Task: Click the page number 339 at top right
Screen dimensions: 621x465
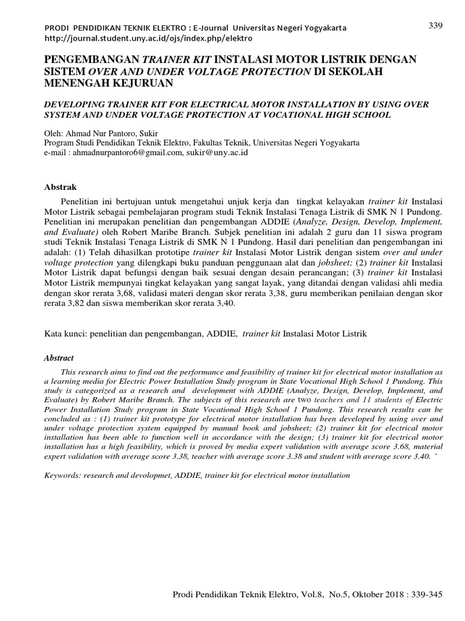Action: pos(436,25)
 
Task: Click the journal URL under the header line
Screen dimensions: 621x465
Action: pos(148,38)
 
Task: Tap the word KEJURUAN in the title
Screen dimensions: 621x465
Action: pos(140,82)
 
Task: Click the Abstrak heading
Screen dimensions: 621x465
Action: pos(62,187)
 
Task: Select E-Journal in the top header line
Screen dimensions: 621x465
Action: pos(213,29)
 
